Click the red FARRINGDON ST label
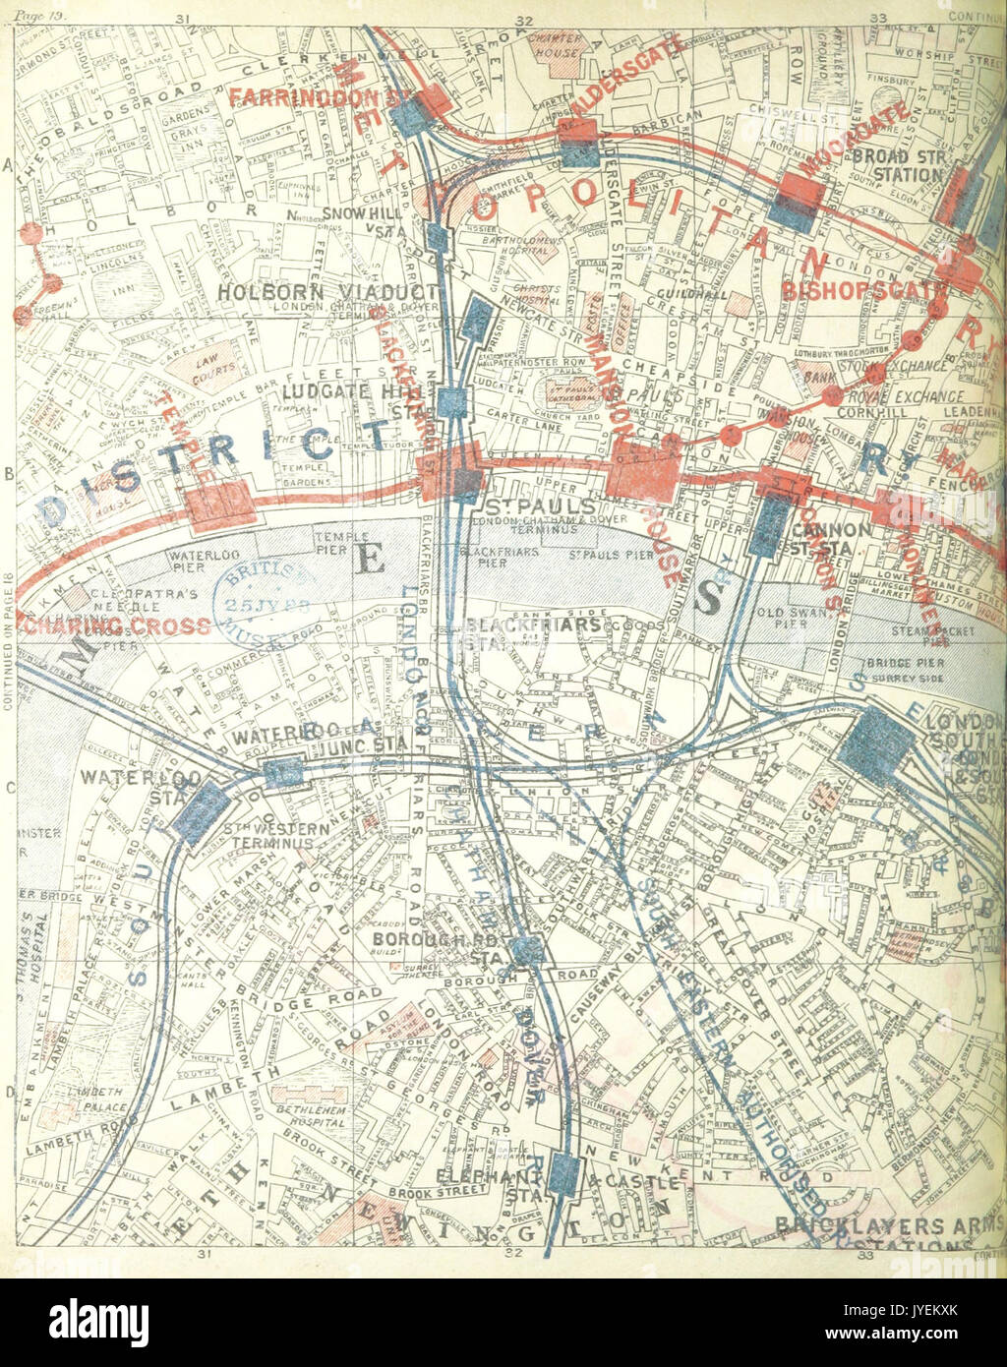tap(305, 97)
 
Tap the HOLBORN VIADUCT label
tap(326, 292)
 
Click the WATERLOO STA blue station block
tap(202, 812)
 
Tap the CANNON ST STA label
tap(831, 538)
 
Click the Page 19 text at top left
tap(30, 6)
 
